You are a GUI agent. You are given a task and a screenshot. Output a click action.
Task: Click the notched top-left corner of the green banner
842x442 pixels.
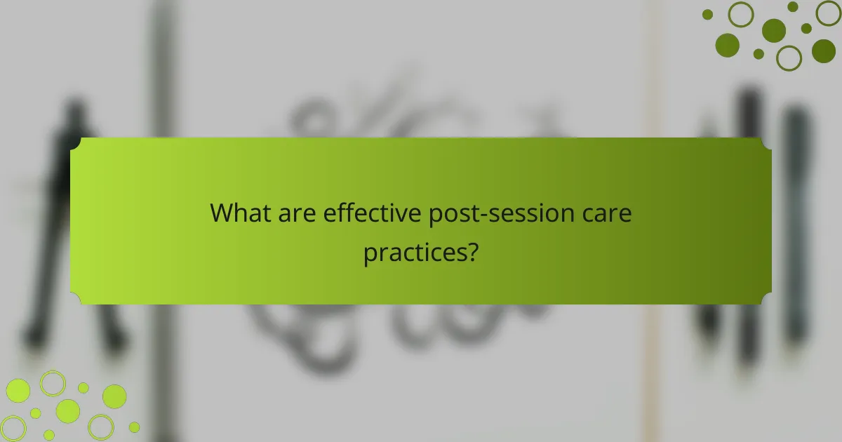click(76, 143)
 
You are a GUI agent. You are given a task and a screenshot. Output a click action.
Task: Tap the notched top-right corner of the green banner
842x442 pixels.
click(766, 143)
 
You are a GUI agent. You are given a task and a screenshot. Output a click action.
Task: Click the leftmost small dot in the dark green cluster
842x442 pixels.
click(708, 14)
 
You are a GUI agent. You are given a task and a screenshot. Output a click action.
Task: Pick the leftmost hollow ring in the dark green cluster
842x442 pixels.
click(741, 14)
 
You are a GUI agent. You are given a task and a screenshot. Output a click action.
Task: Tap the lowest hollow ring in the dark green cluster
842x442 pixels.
click(789, 58)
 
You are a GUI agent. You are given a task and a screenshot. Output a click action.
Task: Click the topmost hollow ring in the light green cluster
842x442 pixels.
click(53, 383)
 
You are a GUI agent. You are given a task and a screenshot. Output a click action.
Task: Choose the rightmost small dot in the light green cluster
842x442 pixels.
click(134, 427)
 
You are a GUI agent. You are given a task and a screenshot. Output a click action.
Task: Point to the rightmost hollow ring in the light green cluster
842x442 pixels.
click(101, 427)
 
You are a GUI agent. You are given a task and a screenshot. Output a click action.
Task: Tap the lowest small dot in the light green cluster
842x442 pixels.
click(49, 434)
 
